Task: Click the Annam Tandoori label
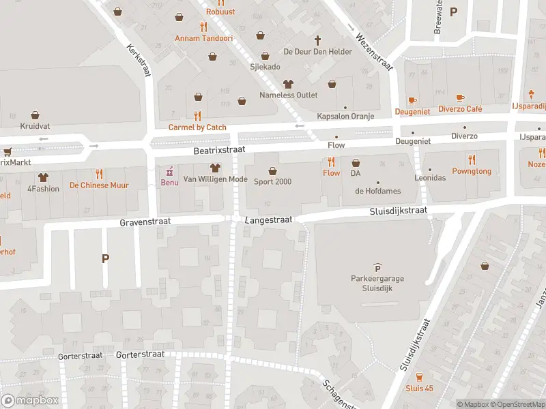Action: tap(203, 38)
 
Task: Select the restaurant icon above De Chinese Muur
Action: tap(99, 173)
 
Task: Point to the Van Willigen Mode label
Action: tap(214, 179)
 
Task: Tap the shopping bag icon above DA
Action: tap(356, 163)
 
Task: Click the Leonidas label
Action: tap(429, 178)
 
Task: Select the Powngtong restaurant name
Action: tap(471, 171)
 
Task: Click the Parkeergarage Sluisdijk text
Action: tap(376, 282)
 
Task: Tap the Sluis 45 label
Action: tap(418, 389)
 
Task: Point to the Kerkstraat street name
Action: tap(137, 61)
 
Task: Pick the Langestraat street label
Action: tap(269, 220)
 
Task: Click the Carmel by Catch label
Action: tap(197, 127)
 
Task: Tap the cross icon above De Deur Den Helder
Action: tap(317, 40)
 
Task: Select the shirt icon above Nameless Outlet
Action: tap(288, 84)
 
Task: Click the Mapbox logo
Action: tap(30, 401)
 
